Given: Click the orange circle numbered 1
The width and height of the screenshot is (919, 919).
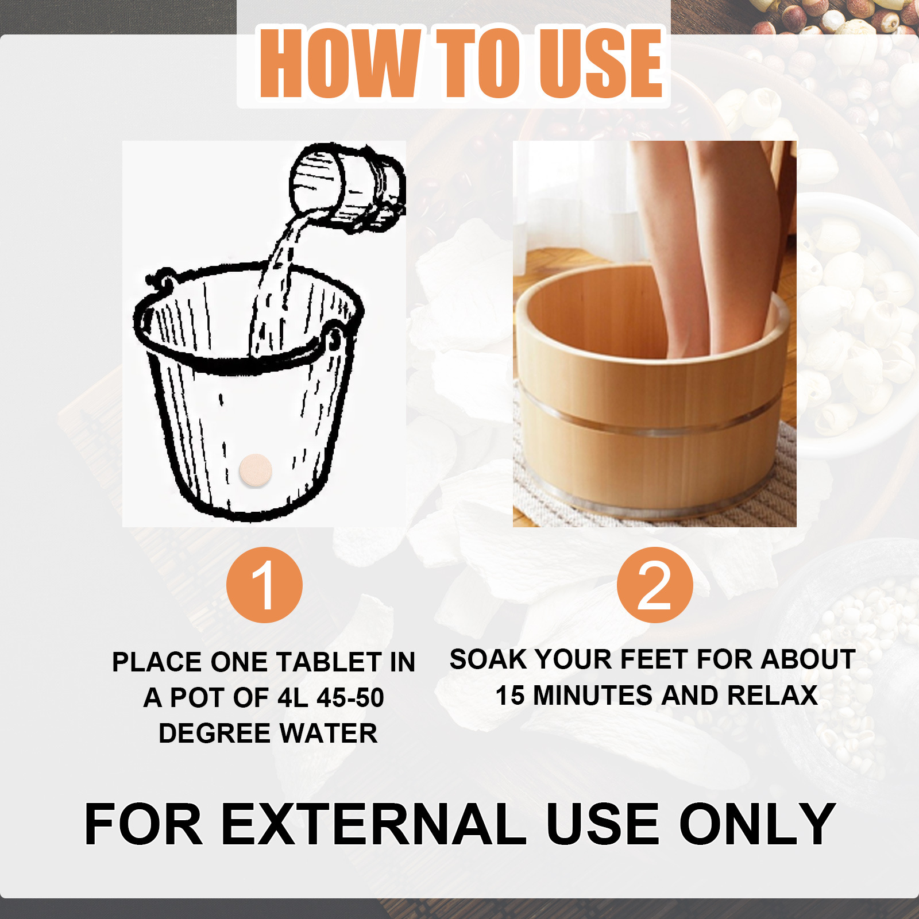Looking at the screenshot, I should (x=264, y=585).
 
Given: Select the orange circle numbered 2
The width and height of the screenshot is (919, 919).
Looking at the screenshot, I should (x=655, y=585).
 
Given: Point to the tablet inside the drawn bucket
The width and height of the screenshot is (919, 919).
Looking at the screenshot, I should (x=255, y=470).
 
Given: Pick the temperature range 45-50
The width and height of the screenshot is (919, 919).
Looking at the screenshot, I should (x=350, y=698).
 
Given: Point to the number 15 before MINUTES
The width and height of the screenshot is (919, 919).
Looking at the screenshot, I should (x=510, y=696).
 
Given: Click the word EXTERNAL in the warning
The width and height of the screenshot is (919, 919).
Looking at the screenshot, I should (x=373, y=824).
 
